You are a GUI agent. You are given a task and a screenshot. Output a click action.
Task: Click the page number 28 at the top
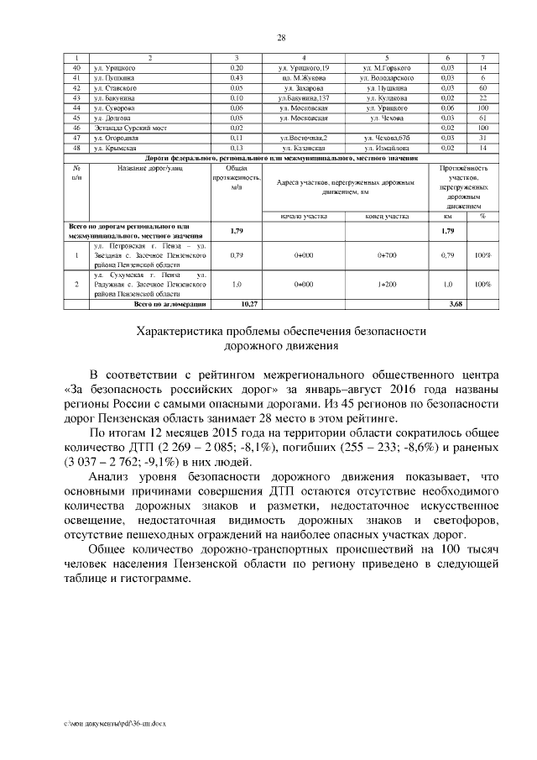pos(282,37)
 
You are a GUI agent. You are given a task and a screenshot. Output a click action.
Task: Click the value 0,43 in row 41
pos(236,77)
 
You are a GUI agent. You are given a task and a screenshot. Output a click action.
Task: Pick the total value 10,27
pos(236,304)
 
